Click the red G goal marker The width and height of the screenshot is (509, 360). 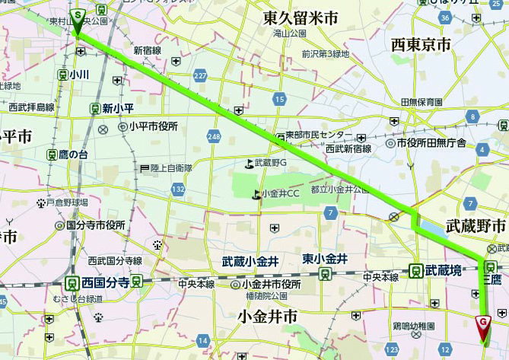pyautogui.click(x=482, y=323)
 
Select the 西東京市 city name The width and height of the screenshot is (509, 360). pyautogui.click(x=421, y=45)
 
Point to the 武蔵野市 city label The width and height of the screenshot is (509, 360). pyautogui.click(x=476, y=226)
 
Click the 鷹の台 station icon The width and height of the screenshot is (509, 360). pyautogui.click(x=52, y=155)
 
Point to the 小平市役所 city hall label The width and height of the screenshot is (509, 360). pyautogui.click(x=153, y=126)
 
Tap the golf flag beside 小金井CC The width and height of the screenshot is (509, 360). pyautogui.click(x=255, y=194)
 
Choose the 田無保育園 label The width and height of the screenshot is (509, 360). pyautogui.click(x=422, y=102)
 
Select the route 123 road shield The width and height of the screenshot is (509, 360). pyautogui.click(x=391, y=349)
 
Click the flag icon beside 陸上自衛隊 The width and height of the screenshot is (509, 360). pyautogui.click(x=144, y=167)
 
